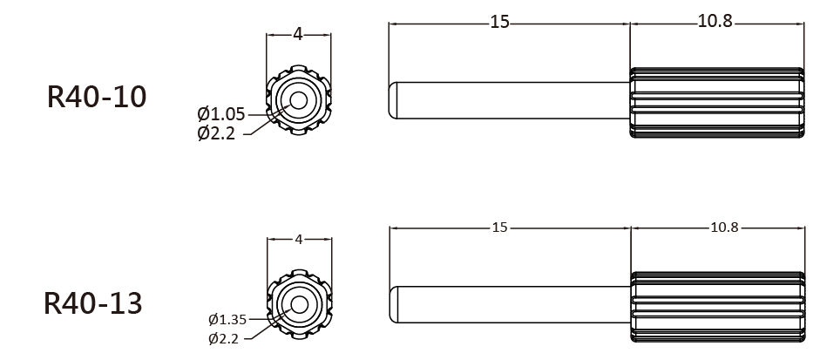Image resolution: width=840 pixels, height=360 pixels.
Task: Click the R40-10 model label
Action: point(97,97)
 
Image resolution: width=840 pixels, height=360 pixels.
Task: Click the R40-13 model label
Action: point(92,303)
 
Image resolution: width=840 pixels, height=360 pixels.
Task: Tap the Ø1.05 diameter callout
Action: point(220,114)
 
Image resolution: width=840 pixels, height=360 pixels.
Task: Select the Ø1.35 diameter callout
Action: point(227,320)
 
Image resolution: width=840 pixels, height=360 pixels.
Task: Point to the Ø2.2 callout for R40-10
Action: point(216,132)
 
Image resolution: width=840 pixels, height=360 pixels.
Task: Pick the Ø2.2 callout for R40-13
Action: point(223,338)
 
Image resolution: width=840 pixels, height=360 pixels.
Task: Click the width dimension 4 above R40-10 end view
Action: point(298,34)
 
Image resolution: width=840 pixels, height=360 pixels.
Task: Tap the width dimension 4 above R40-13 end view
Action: point(299,240)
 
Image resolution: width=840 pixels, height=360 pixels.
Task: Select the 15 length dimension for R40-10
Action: point(499,23)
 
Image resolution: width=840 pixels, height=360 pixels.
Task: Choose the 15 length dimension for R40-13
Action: point(499,228)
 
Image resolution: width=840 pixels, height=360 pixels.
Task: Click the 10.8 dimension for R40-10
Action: point(715,22)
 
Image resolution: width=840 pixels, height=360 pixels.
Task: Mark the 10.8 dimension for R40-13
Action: point(724,228)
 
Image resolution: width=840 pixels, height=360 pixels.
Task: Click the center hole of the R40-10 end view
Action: point(298,100)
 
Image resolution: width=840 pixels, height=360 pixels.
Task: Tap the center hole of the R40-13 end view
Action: point(300,305)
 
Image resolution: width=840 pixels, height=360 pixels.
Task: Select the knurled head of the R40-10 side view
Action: point(717,102)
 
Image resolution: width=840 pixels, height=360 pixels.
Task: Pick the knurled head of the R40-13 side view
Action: point(718,307)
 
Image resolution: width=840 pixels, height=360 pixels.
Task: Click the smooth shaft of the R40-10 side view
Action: point(509,100)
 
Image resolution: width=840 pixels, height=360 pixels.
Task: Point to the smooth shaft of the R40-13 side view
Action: point(510,305)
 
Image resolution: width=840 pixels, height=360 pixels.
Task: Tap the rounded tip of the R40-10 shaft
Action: point(392,100)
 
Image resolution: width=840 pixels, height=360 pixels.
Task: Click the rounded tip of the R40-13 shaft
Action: point(393,305)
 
